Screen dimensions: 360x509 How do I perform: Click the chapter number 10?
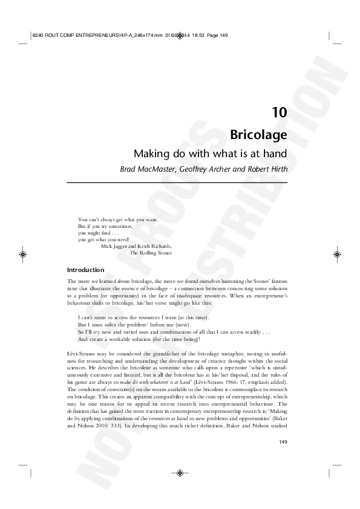279,112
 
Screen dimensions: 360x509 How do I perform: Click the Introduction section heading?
85,270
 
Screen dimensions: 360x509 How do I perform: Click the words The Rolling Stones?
151,253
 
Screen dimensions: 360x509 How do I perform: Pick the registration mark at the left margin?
22,254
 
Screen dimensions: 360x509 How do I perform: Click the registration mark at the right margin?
337,254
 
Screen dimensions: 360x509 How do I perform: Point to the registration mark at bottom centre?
180,473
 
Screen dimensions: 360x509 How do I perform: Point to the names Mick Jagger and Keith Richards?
137,247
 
